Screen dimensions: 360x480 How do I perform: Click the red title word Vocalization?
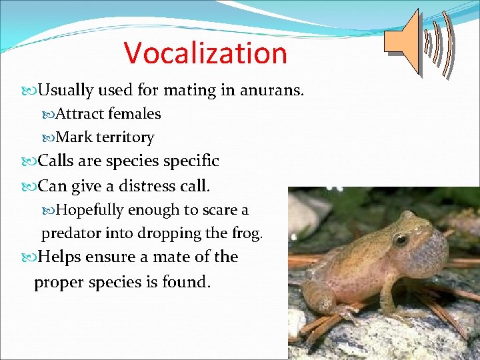205,53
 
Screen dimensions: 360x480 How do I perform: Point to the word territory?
125,138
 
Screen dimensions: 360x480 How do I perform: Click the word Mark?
75,138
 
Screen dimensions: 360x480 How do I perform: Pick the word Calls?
58,161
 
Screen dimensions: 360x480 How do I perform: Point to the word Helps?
59,257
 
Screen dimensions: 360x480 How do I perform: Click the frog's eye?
401,239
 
